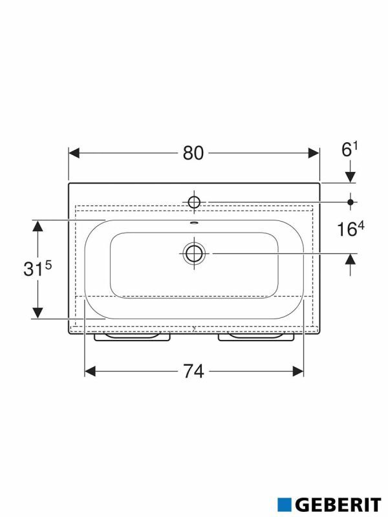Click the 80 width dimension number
coord(193,153)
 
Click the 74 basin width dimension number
coord(193,371)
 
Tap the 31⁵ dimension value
coord(38,269)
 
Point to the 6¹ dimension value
coord(350,150)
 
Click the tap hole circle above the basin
coord(194,202)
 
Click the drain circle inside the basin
coord(194,253)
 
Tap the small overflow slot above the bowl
coord(194,222)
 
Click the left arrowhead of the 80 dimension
coord(74,153)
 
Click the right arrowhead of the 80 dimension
coord(314,153)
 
